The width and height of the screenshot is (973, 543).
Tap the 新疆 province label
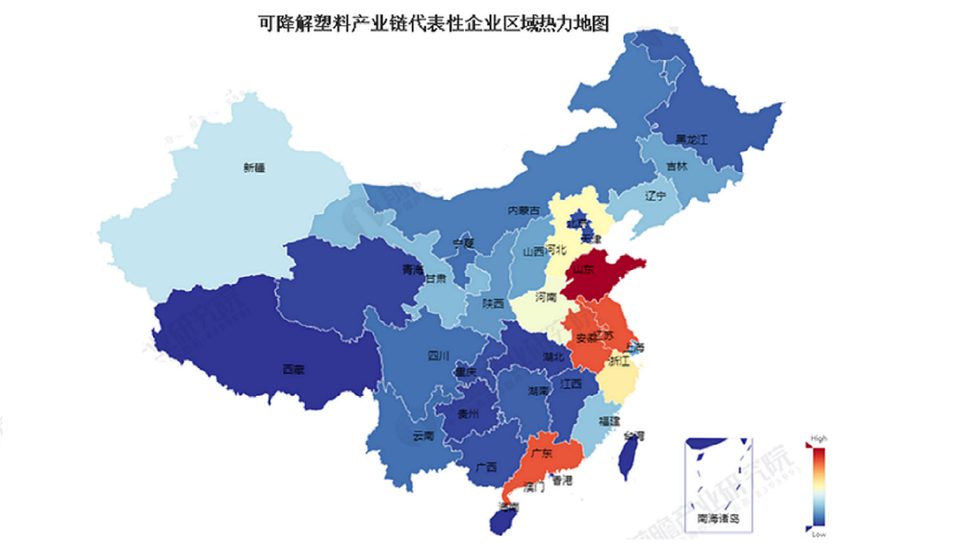254,167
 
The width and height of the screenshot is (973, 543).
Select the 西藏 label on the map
293,369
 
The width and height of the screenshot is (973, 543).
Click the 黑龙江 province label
691,140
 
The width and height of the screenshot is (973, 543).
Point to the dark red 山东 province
601,271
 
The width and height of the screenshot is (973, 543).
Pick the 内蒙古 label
523,210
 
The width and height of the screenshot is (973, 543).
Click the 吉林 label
676,167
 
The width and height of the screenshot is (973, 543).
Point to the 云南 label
423,436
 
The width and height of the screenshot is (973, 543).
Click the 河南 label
546,296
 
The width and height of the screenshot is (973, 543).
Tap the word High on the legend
819,439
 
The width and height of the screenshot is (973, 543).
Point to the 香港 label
561,481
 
